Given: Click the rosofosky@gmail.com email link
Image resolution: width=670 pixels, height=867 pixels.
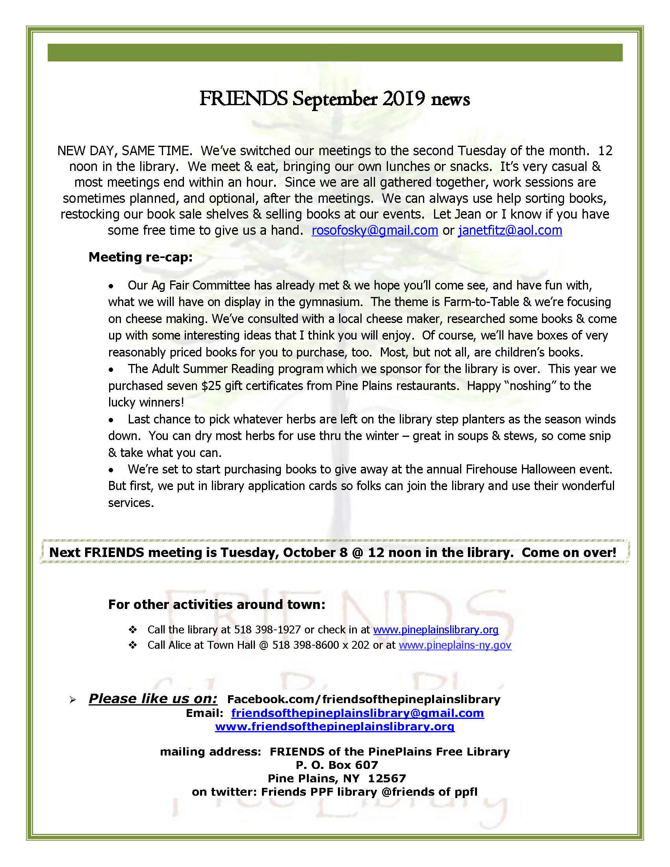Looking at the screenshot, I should [375, 231].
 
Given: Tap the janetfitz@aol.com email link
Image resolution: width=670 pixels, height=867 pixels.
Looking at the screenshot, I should [510, 231].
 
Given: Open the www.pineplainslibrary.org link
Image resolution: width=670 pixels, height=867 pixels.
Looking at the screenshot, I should [435, 630].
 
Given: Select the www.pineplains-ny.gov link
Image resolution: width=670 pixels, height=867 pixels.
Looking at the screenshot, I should [455, 645].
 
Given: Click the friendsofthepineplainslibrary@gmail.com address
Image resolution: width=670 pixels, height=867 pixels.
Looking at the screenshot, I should [358, 713].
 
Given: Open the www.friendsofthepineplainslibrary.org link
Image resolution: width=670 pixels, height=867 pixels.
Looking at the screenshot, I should [334, 726].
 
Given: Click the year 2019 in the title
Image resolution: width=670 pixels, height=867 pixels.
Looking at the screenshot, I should [404, 98].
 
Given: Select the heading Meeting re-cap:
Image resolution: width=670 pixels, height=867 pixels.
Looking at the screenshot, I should [141, 257].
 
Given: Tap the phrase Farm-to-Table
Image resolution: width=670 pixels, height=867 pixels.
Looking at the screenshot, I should [481, 302].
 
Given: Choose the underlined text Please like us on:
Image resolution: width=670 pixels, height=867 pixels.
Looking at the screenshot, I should [153, 699].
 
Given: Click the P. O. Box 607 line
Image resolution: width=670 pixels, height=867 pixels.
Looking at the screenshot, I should [337, 765].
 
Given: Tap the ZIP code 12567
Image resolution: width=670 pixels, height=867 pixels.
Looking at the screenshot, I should [387, 778].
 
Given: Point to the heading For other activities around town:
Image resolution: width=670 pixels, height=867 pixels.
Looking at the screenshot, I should [217, 605].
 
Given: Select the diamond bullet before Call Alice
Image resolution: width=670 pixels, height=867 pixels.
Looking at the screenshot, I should [133, 645].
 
